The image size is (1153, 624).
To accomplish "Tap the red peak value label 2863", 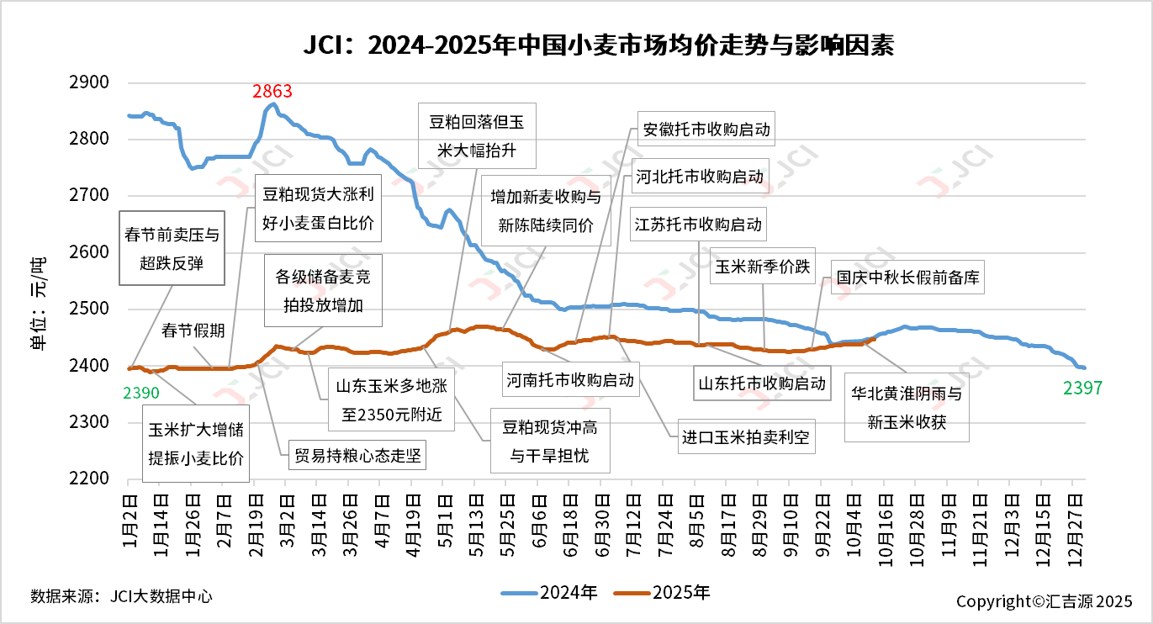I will (x=272, y=91).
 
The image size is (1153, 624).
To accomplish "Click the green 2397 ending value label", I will (x=1082, y=388).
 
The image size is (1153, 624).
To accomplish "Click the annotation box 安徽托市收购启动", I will (x=706, y=130).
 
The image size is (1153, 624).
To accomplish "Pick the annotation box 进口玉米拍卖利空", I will (x=747, y=437).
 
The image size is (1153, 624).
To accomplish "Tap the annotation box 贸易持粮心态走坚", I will (x=357, y=456).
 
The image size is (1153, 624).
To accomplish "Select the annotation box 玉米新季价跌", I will (x=763, y=267).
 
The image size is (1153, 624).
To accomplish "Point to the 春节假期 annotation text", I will (x=193, y=331).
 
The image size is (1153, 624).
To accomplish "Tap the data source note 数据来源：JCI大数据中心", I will (x=121, y=596).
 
